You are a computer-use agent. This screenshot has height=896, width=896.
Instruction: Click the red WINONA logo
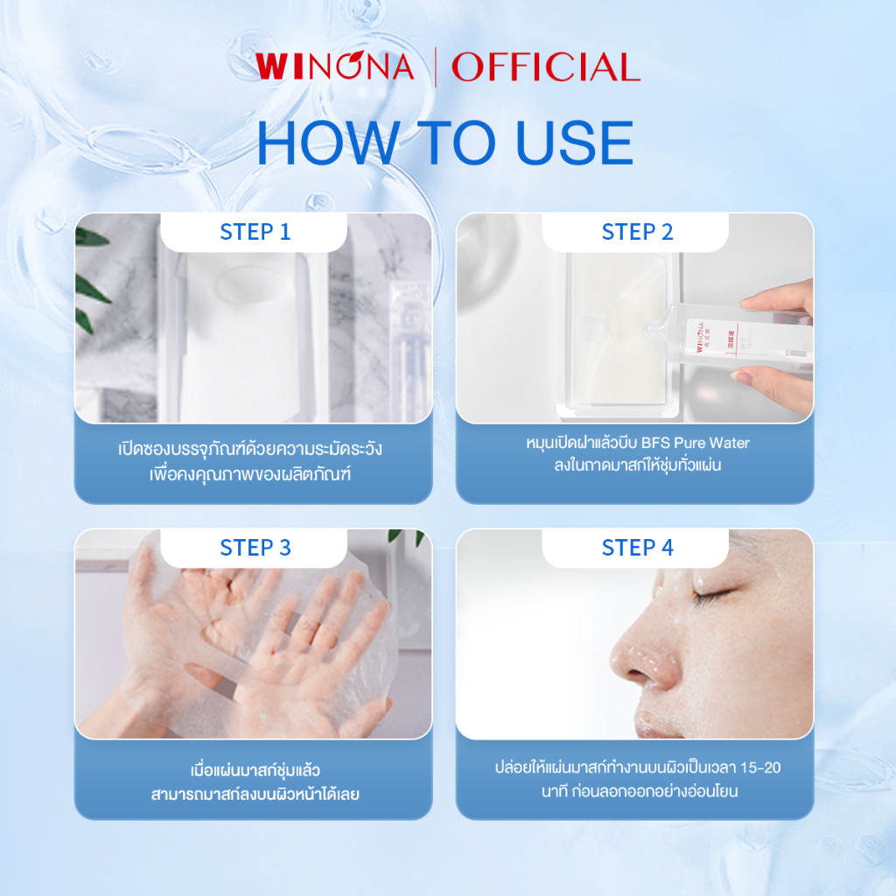coord(335,66)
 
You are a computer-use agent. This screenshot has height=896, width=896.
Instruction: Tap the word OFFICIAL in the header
coord(546,66)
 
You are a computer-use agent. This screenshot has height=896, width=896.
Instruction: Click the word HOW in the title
coord(328,143)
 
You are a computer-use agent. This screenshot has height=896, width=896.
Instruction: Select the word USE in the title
coord(574,143)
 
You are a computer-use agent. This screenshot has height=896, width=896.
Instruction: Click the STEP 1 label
coord(255,232)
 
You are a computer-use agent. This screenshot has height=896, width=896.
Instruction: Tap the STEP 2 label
coord(637,232)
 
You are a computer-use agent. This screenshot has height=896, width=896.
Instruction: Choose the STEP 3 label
coord(255,548)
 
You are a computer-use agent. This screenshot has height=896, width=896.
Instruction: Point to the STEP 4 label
coord(637,548)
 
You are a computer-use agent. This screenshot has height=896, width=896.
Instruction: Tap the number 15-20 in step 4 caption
coord(760,767)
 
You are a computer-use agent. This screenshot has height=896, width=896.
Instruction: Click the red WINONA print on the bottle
coord(700,337)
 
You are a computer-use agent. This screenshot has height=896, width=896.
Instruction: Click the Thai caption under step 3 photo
coord(255,781)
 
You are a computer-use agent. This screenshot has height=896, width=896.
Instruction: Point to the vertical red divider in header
coord(436,67)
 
